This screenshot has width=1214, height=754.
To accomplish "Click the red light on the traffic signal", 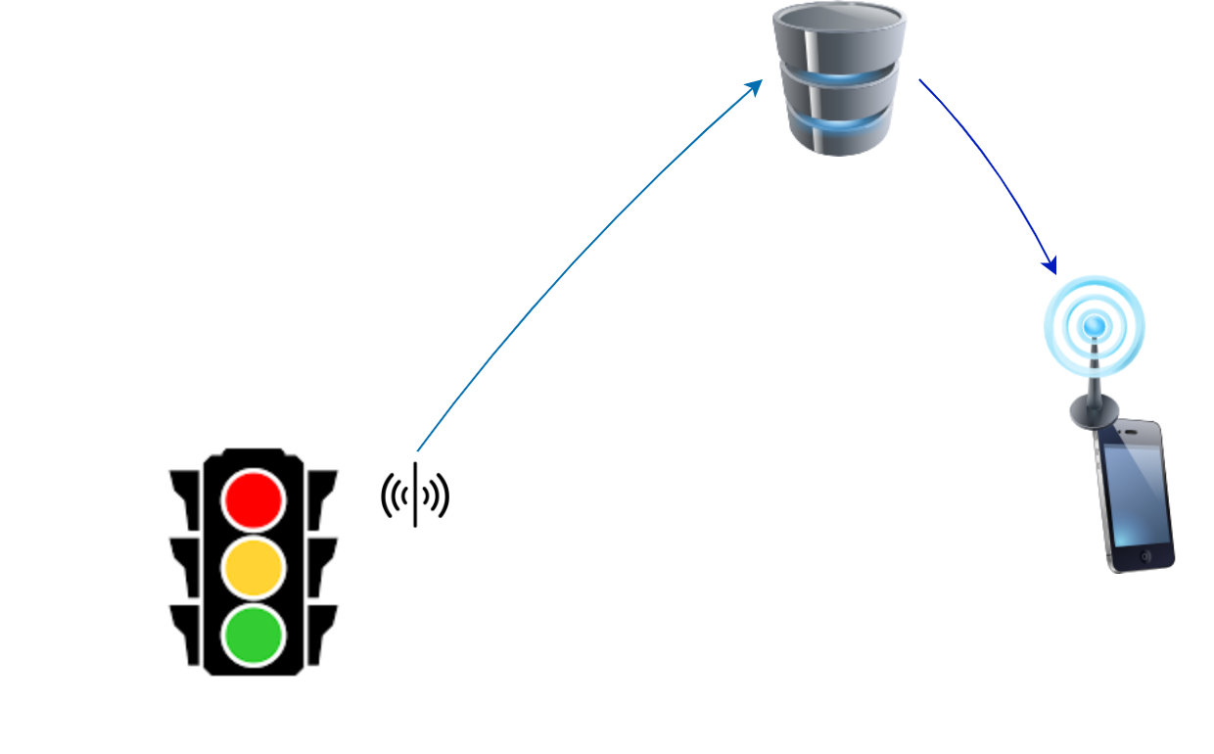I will click(x=254, y=499).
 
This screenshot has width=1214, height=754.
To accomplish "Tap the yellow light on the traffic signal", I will click(x=254, y=567).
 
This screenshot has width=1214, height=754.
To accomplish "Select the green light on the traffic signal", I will click(x=254, y=635).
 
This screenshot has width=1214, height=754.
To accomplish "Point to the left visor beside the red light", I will click(x=186, y=495).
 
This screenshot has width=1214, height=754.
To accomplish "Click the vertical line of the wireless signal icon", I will click(x=415, y=495).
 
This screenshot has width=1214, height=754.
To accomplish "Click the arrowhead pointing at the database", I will click(x=755, y=86).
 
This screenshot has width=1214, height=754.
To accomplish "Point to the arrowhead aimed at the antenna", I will click(x=1050, y=265).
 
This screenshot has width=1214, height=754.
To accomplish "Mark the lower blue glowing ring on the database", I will click(x=839, y=123).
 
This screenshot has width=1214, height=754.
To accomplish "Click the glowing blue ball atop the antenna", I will click(x=1095, y=324).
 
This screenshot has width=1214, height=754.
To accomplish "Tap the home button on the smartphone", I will click(x=1146, y=556).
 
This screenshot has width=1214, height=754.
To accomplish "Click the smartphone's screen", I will click(x=1136, y=495).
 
